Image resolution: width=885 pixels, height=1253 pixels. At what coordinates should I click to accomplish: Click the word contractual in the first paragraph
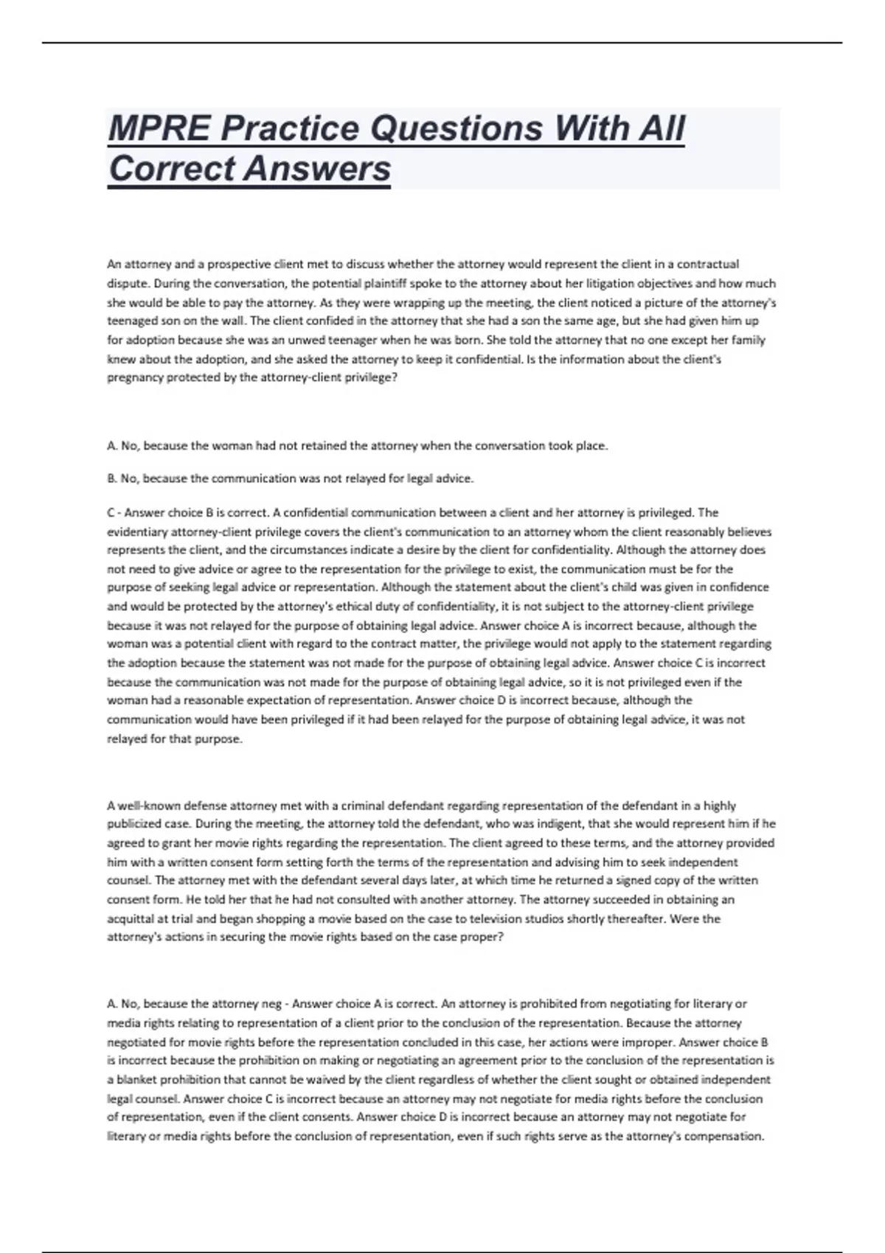pyautogui.click(x=708, y=264)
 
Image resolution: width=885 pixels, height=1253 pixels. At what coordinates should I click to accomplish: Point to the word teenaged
pyautogui.click(x=131, y=321)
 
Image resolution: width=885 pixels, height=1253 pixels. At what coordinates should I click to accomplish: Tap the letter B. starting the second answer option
pyautogui.click(x=112, y=479)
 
